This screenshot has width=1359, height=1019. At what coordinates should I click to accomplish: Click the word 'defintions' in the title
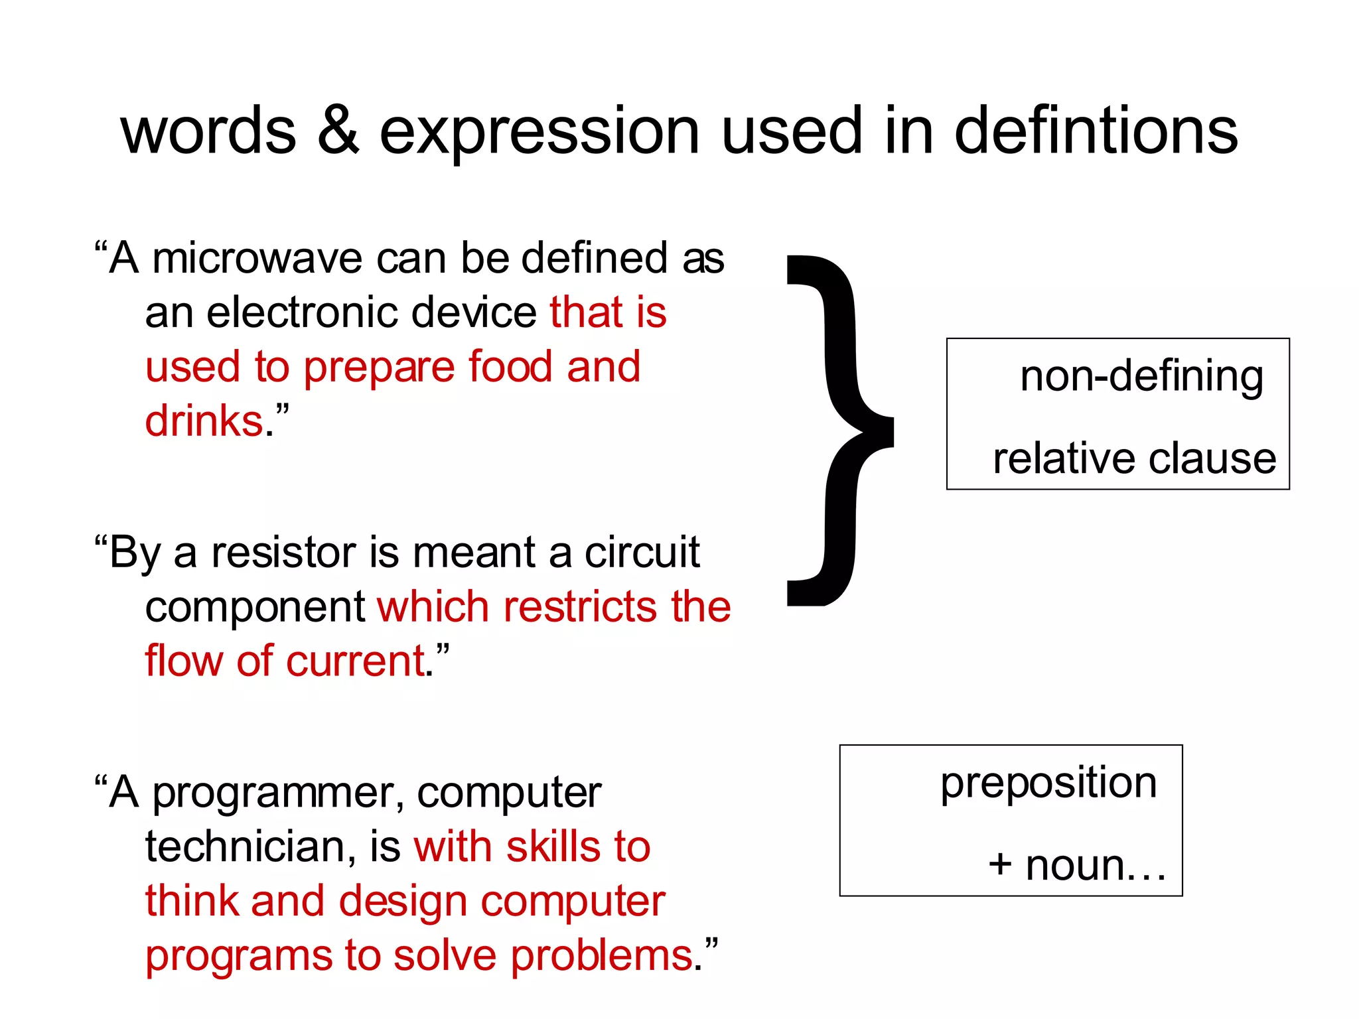click(1096, 131)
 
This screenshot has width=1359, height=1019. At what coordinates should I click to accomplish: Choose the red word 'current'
click(355, 661)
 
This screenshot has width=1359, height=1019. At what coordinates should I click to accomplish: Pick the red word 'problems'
click(601, 956)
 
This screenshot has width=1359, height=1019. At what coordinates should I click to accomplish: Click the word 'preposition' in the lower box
click(1048, 783)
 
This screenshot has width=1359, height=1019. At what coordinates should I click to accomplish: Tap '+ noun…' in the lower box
click(1076, 866)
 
